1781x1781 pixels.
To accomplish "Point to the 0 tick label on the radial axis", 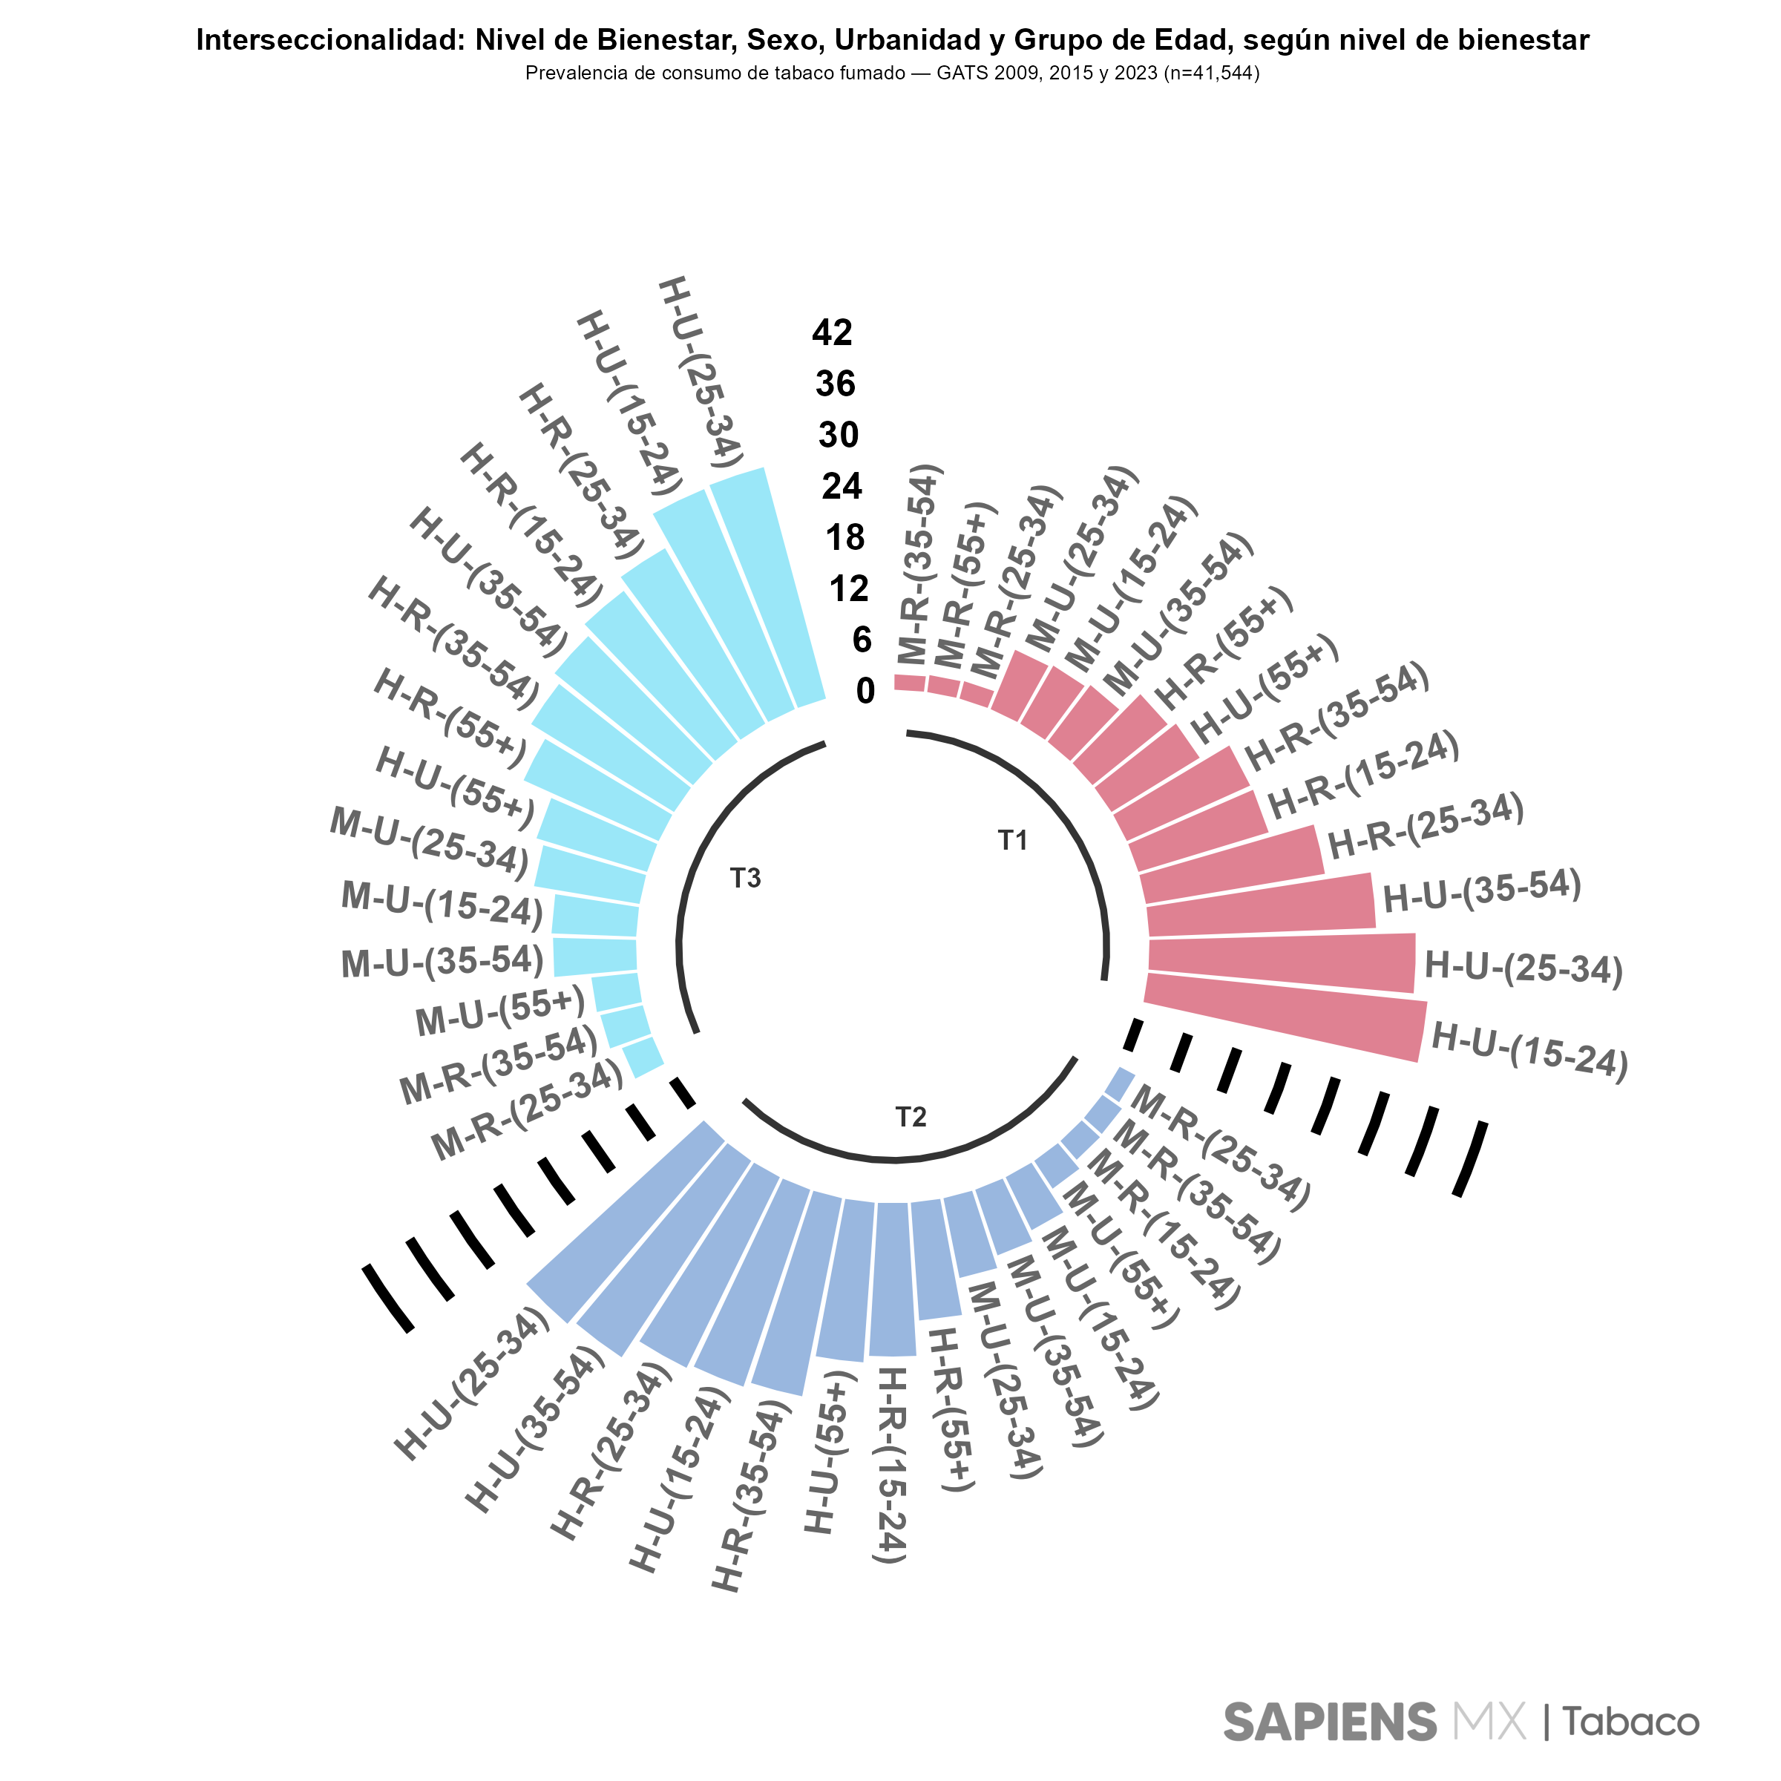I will point(865,690).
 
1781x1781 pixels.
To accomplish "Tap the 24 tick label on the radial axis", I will point(842,486).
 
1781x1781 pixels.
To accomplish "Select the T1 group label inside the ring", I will point(1012,840).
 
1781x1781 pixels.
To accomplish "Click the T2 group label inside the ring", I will point(911,1118).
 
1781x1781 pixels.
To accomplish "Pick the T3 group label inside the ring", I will point(745,879).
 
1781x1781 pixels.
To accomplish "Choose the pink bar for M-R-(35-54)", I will point(910,683).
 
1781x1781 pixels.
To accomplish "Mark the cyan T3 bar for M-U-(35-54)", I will point(595,956).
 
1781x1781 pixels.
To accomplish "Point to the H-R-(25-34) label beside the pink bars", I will point(1425,826).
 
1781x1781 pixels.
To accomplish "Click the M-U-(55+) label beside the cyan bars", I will point(501,1011).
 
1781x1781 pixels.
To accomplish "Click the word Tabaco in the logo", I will point(1630,1722).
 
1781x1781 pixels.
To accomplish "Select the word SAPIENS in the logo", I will point(1329,1722).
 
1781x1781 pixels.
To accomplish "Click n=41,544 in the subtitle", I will point(1210,73).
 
